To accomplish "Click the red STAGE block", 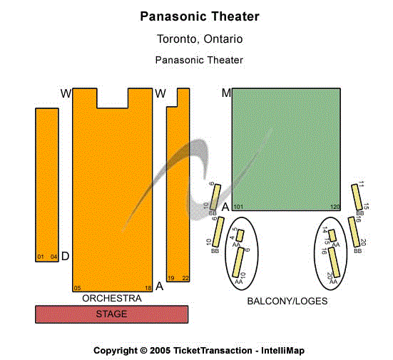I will point(112,314).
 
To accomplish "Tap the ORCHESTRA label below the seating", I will point(112,298).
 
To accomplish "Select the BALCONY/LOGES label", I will point(287,301).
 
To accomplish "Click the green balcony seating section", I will point(286,148).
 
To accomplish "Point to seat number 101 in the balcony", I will point(238,207).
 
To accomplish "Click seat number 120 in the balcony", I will point(335,207).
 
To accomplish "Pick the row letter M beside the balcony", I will point(226,93).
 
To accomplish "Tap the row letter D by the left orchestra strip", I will point(65,256).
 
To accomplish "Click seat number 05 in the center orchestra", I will point(77,288).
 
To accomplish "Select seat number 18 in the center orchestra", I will point(148,288).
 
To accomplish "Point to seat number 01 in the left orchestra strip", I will point(41,257).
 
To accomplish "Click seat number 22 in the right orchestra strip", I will point(185,278).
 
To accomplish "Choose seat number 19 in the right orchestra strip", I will point(171,278).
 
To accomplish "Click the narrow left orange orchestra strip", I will point(47,184).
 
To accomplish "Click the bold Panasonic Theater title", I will point(199,16).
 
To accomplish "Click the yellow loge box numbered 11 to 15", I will point(357,197).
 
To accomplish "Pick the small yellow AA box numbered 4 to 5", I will point(240,235).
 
